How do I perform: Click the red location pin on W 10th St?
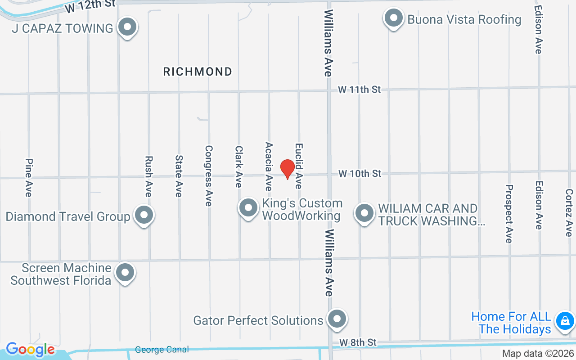point(287,169)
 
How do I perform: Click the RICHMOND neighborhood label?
point(198,72)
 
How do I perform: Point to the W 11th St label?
point(360,90)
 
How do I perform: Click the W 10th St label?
point(360,173)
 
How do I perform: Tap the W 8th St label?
point(358,342)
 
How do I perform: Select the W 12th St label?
point(90,6)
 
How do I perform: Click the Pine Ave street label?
point(29,177)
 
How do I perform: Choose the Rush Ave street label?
point(148,176)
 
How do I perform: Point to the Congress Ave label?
point(208,175)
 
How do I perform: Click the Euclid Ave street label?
point(299,166)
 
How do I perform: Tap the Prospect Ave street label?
point(509,213)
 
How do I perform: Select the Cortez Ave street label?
point(569,212)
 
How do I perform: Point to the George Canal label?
point(162,350)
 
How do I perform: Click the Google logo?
point(30,349)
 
